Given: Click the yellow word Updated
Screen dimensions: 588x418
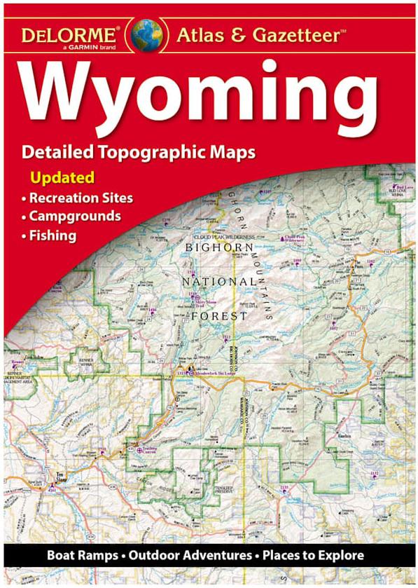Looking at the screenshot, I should click(62, 177).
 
